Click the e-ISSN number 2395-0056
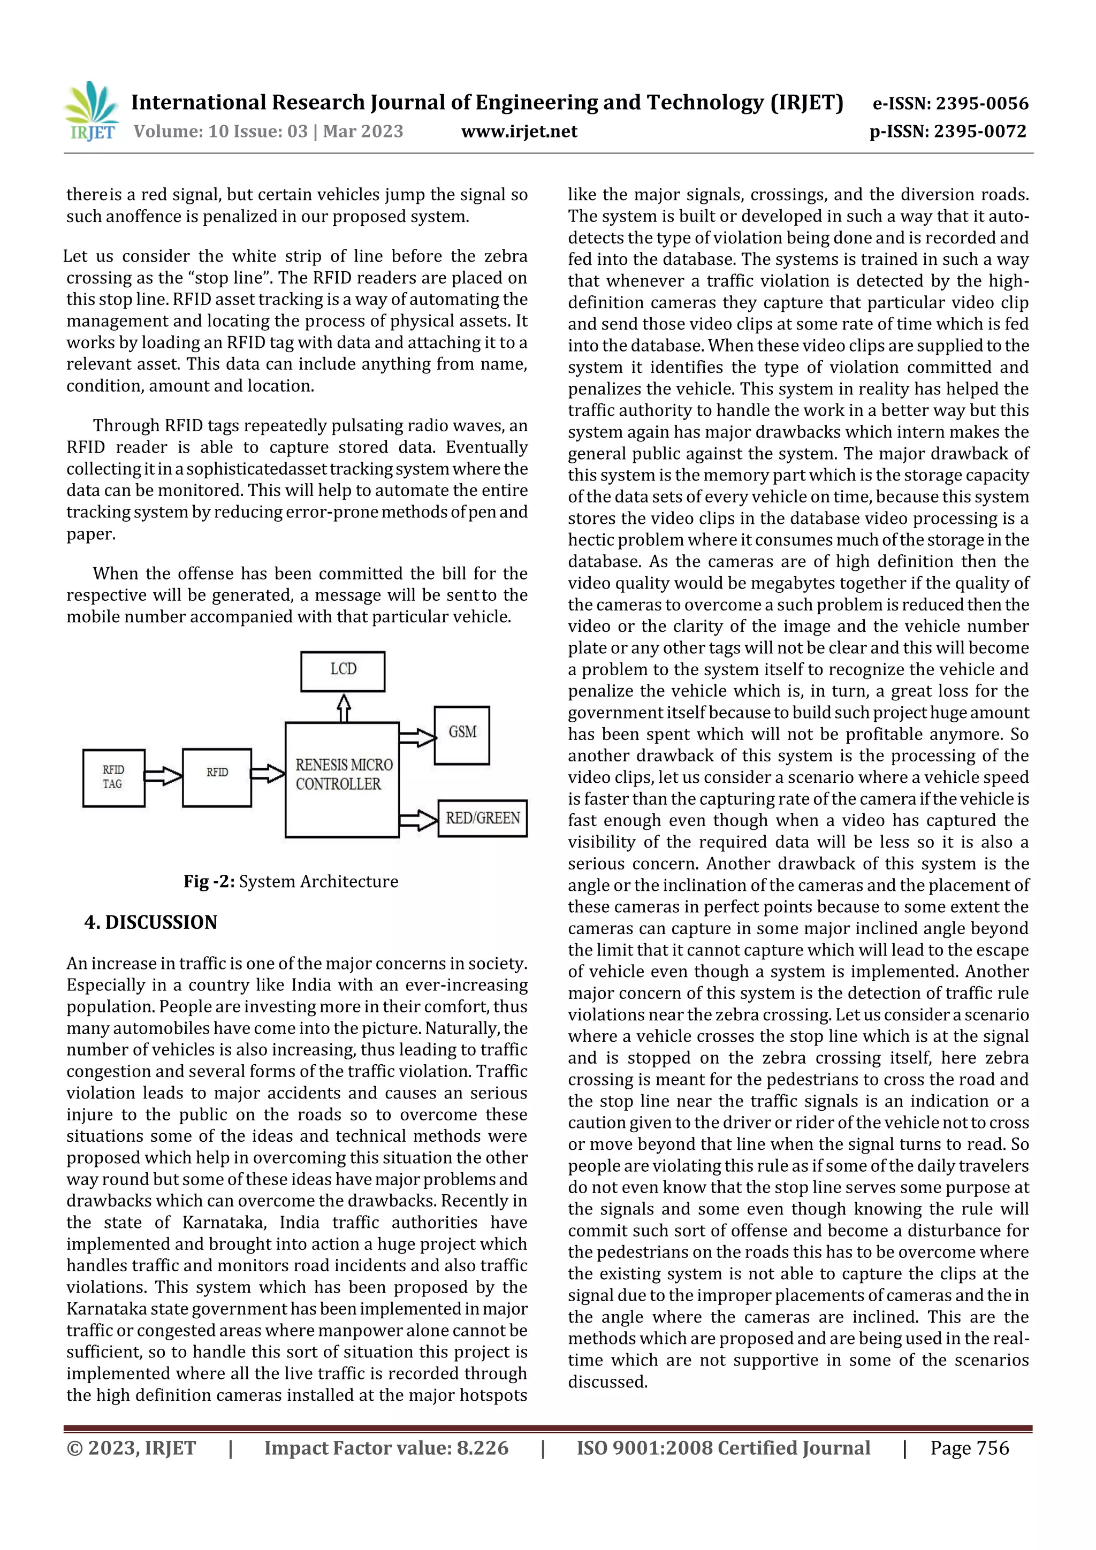click(x=982, y=103)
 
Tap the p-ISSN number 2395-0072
click(x=980, y=131)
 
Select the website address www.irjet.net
click(x=519, y=131)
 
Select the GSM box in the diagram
click(x=462, y=735)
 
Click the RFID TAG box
click(x=113, y=778)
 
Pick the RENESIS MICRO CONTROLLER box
click(x=342, y=780)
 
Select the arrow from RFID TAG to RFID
click(x=163, y=776)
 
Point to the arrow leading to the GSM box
click(x=417, y=737)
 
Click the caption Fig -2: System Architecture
click(x=291, y=882)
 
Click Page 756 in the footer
click(x=969, y=1447)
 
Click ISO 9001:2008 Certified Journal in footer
click(x=723, y=1447)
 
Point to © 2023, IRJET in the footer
click(x=131, y=1447)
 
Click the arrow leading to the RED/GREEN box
click(x=418, y=820)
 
